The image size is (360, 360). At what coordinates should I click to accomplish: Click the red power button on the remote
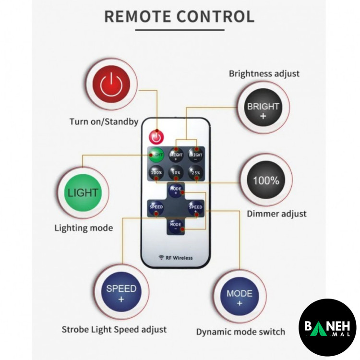(156, 137)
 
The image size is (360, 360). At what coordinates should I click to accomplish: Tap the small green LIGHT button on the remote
(156, 155)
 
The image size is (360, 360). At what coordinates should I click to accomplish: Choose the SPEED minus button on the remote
(156, 207)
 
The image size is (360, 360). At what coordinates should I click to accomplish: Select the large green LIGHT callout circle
(83, 193)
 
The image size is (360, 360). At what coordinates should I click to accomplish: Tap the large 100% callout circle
(266, 181)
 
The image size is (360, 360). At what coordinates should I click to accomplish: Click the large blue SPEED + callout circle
(121, 293)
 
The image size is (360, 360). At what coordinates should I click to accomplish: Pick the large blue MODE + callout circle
(239, 298)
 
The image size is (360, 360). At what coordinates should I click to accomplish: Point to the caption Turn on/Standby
(104, 122)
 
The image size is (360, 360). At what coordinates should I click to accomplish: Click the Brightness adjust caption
(264, 74)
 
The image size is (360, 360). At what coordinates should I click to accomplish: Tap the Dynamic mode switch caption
(240, 332)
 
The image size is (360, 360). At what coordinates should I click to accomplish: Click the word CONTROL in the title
(216, 16)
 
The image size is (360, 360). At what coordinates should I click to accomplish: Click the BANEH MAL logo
(327, 327)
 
